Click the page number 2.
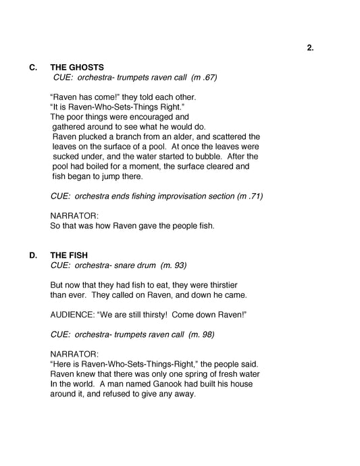click(310, 47)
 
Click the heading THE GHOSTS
click(77, 68)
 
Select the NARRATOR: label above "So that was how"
click(74, 215)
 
